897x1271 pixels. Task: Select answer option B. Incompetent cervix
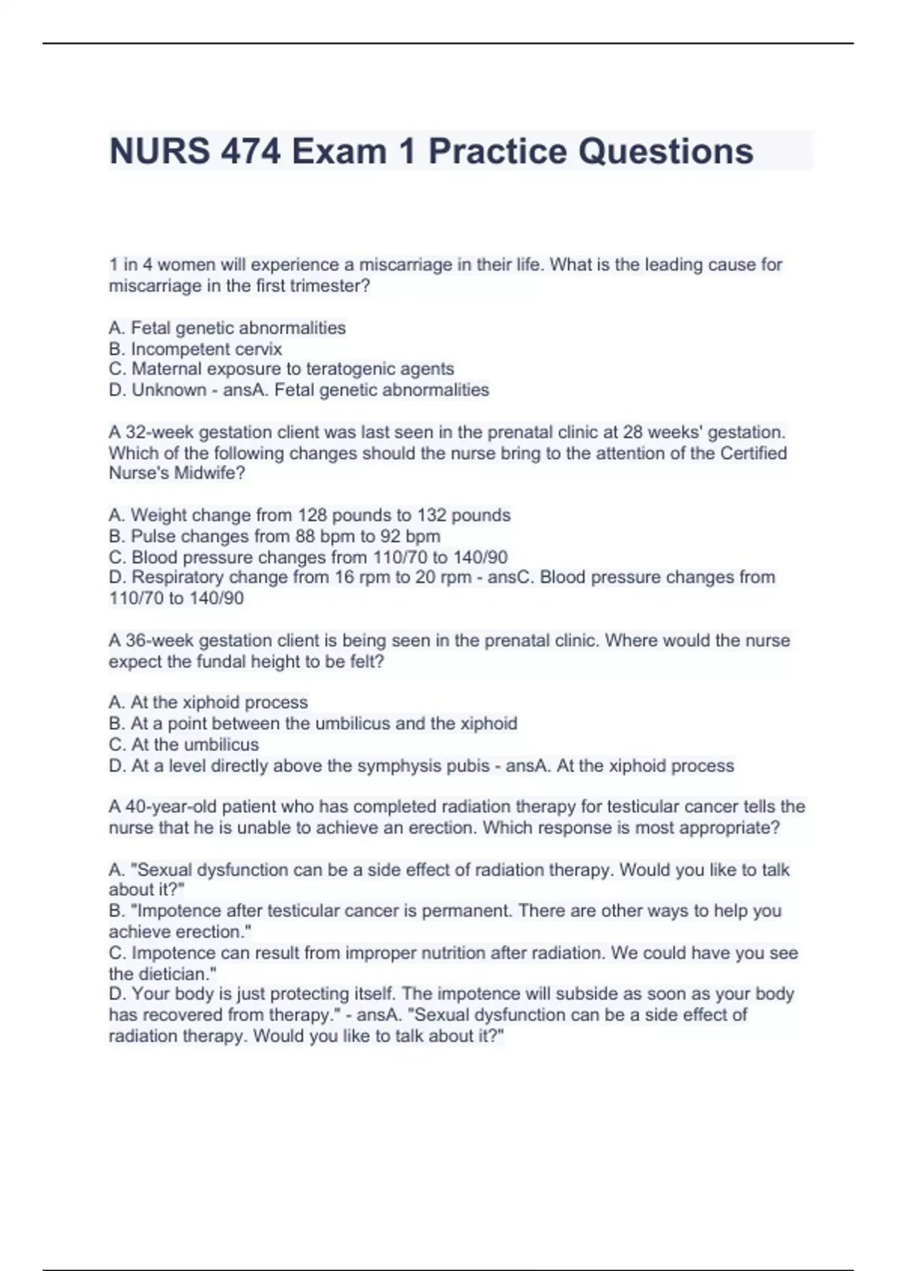(x=195, y=348)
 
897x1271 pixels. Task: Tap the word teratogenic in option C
(x=341, y=369)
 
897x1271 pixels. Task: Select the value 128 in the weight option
(x=313, y=515)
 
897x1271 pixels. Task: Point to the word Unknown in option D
(x=169, y=390)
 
